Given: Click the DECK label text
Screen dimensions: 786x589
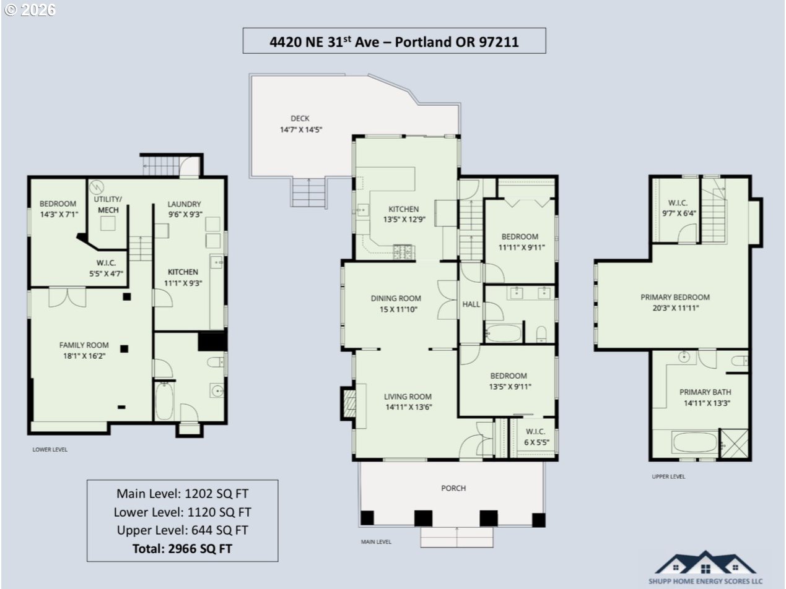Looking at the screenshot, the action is pos(300,118).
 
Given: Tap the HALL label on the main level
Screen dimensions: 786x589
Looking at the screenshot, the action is pos(471,304).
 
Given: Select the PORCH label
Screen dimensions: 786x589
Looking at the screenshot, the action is pos(453,488).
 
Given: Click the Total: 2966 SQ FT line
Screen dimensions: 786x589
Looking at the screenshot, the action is pos(182,549).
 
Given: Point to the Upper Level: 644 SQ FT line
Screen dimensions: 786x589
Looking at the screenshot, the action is pos(182,530).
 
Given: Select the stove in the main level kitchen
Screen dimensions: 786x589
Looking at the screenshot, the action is pos(404,252).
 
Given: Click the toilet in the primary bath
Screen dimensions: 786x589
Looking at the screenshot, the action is pos(739,361).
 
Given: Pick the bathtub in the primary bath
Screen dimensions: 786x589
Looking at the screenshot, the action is pos(695,442).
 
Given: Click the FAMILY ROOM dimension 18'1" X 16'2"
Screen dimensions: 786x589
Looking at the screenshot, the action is pos(84,356).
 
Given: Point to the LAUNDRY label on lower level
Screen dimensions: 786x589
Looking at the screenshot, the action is pos(184,204).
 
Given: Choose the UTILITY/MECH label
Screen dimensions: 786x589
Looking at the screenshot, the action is pos(108,205).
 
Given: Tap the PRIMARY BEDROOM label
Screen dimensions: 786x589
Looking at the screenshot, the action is pos(675,297).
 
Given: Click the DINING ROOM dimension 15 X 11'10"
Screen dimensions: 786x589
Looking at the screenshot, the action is pos(398,309).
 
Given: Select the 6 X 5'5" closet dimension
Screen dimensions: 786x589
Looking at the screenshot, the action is pos(536,442).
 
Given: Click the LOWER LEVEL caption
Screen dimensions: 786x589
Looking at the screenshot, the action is pos(50,450).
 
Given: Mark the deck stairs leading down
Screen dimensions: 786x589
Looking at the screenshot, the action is pos(308,192).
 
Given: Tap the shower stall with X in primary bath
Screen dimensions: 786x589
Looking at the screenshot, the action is pos(734,444).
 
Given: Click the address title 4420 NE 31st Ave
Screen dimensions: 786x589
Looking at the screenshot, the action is pos(395,42).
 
